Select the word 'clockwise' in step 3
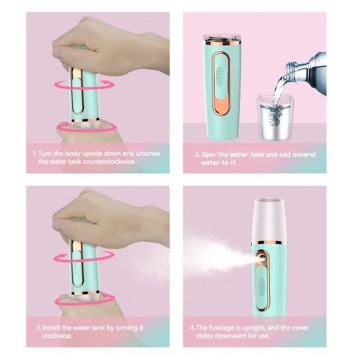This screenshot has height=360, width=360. click(57, 336)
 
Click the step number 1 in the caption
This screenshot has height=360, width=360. click(35, 153)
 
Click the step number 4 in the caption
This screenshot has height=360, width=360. click(192, 328)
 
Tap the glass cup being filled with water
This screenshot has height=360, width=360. click(276, 117)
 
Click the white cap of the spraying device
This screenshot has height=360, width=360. click(269, 220)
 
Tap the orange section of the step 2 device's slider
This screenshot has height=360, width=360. click(221, 104)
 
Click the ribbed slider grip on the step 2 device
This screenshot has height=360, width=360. click(221, 75)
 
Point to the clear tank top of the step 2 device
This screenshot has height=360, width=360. click(222, 39)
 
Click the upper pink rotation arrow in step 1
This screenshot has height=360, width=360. click(84, 85)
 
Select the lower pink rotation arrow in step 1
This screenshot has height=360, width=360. click(86, 127)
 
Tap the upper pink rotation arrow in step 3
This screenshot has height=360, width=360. click(84, 256)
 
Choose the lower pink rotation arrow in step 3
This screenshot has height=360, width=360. click(84, 299)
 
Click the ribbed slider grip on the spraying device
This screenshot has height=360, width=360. click(261, 287)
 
